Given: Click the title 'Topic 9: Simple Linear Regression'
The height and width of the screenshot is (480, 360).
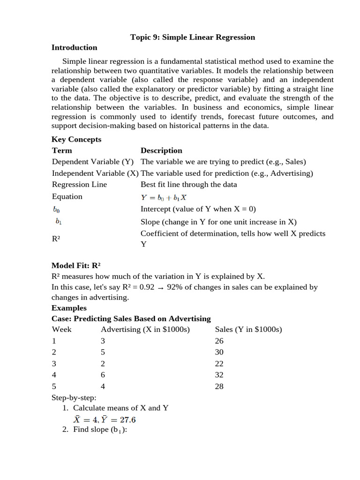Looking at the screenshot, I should [x=193, y=37].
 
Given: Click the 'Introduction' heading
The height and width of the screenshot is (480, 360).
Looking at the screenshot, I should [x=74, y=47].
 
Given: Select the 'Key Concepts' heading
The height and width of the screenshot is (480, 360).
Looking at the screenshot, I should [x=76, y=139].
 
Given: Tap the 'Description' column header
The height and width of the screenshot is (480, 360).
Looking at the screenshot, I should [x=161, y=150].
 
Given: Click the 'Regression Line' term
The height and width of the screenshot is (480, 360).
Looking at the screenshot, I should [x=79, y=184].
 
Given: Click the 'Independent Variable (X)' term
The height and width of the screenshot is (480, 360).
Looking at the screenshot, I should [x=95, y=173].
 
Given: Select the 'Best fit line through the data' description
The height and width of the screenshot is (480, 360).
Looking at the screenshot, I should [x=188, y=184].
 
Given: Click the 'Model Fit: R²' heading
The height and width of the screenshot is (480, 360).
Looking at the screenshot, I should [x=76, y=265].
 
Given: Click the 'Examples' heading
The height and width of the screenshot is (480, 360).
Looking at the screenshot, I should [x=69, y=308].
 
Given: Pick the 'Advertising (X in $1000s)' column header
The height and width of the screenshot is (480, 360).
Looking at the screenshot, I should [x=145, y=330].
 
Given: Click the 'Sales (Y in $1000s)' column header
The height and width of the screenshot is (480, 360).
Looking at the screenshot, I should [x=248, y=330].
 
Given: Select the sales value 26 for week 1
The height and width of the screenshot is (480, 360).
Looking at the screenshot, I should [x=219, y=341].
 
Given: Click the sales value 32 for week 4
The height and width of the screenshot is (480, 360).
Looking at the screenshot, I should [x=219, y=375].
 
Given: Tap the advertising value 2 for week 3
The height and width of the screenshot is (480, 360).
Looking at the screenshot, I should [x=103, y=364].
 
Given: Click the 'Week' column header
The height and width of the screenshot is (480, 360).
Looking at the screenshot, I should [x=61, y=330].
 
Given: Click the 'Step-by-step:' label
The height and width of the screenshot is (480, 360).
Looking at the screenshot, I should [x=74, y=397].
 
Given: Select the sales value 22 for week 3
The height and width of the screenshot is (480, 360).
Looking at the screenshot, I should [x=219, y=364].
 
